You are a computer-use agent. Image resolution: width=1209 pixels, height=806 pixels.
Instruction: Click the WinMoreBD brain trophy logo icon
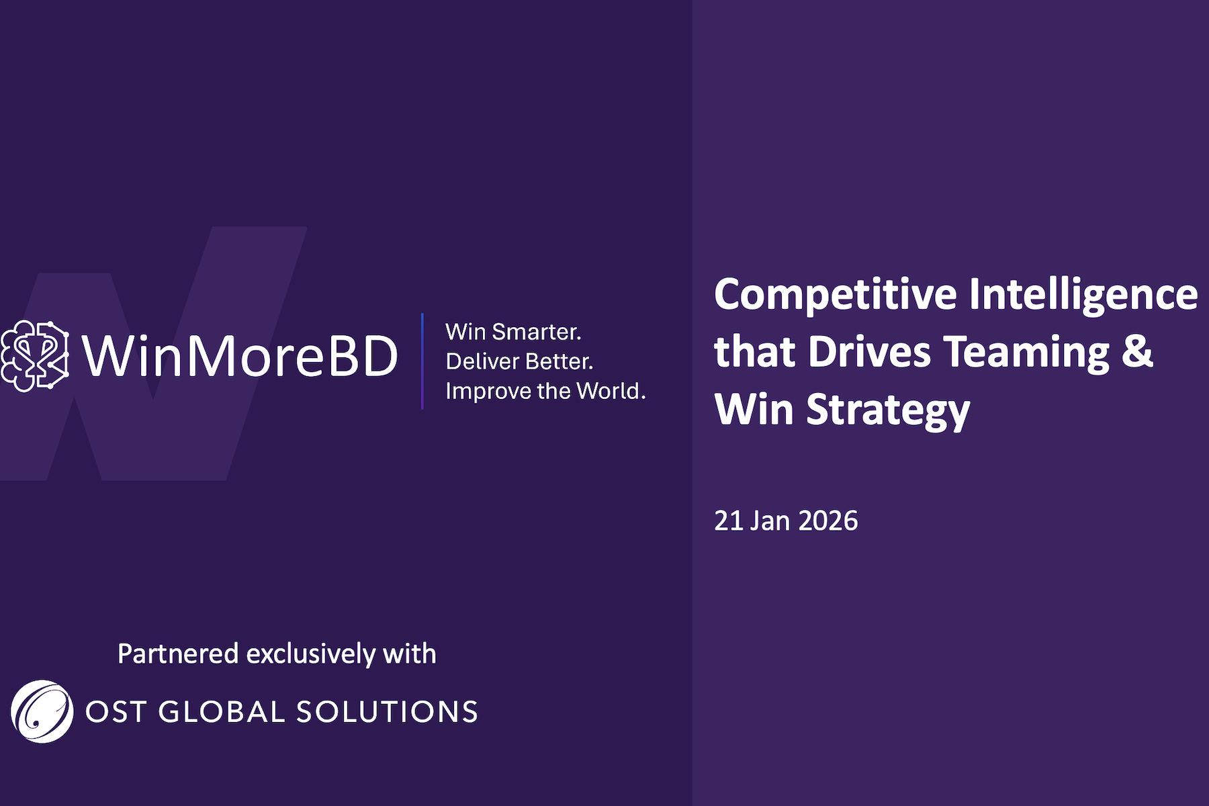(x=35, y=355)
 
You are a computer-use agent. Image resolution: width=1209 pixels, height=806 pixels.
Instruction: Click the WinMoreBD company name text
(x=240, y=355)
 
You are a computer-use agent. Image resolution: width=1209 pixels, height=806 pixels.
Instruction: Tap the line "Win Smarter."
(x=513, y=332)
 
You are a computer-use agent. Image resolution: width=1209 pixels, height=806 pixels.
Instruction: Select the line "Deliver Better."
(x=519, y=361)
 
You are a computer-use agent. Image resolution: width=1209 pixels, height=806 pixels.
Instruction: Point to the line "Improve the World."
(x=545, y=391)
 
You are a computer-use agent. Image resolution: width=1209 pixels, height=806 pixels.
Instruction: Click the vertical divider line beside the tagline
(x=422, y=361)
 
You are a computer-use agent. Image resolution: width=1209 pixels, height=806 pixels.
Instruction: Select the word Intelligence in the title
(x=1083, y=295)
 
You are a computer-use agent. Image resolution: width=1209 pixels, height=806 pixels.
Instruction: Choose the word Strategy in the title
(x=888, y=410)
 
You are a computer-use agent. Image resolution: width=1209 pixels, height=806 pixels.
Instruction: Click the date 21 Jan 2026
(x=786, y=521)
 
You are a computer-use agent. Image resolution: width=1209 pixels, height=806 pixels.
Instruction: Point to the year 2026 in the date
(x=828, y=521)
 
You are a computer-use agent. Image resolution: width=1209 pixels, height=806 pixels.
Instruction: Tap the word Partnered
(x=178, y=654)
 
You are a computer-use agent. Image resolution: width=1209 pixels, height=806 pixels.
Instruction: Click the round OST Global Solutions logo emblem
(x=42, y=711)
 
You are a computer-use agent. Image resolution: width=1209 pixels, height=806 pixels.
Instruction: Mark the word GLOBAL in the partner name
(x=222, y=712)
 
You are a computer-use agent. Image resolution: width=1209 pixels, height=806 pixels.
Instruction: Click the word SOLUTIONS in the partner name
(x=387, y=712)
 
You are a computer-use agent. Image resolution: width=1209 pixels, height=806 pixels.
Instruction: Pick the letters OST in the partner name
(x=116, y=712)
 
